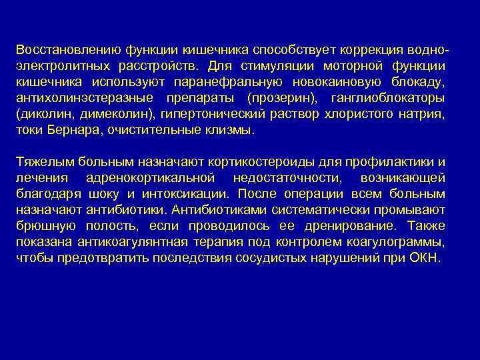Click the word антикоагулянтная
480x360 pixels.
tap(130, 243)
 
